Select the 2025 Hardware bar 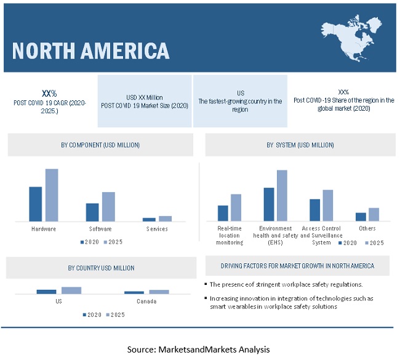[52, 194]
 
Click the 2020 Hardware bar [36, 204]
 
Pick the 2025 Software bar [108, 206]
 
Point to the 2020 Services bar [149, 219]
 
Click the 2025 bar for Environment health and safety [281, 195]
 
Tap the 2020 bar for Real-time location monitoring [223, 213]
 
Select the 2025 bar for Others [374, 214]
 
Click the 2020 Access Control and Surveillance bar [314, 210]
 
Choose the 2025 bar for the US [71, 290]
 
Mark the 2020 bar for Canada [134, 292]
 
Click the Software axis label [100, 229]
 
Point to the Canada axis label [146, 302]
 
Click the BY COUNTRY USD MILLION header [101, 268]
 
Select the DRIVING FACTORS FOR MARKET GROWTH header [297, 266]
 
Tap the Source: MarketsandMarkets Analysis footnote [198, 350]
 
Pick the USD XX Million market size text [145, 97]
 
